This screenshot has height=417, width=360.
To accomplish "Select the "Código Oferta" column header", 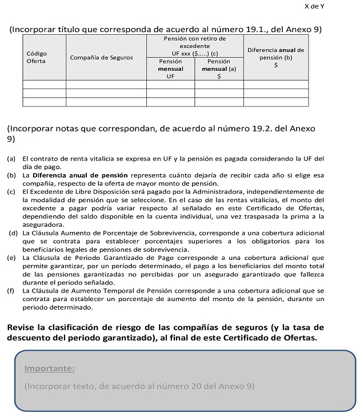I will [37, 57].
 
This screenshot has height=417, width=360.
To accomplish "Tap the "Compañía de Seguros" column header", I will [101, 57].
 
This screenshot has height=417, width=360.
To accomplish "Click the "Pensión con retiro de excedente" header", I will [195, 42].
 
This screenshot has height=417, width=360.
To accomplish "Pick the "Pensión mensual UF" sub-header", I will [170, 68].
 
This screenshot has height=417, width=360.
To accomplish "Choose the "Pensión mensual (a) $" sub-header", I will [219, 68].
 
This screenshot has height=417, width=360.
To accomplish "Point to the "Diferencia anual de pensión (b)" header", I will [275, 54].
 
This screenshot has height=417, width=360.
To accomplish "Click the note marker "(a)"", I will [11, 158].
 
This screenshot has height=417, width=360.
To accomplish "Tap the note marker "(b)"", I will [11, 175].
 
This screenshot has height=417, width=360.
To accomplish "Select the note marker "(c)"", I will [11, 191].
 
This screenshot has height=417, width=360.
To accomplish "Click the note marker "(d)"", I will [12, 233].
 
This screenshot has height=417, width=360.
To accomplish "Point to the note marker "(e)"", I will [11, 258].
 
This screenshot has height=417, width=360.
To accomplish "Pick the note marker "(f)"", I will [11, 291].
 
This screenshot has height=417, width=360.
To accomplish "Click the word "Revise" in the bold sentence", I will [23, 327].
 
